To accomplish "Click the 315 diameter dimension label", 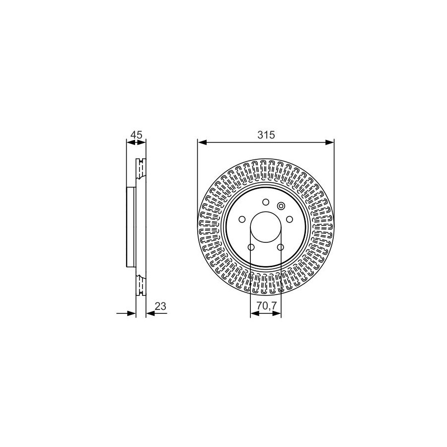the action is tap(266, 135).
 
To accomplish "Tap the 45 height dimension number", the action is tap(136, 135).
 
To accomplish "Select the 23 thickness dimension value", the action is tap(160, 306).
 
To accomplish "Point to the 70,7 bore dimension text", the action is tap(267, 306).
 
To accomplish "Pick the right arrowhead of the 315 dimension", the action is tap(330, 142).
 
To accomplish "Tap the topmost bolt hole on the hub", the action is tap(266, 202).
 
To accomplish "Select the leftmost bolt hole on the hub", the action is tap(242, 219).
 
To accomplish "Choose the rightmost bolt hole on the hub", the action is tap(290, 219).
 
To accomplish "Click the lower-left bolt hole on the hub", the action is tap(251, 247).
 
